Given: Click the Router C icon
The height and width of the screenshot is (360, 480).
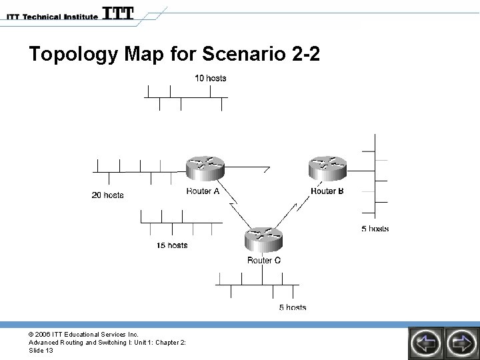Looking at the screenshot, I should click(263, 239).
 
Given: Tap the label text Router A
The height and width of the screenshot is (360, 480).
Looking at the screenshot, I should click(203, 192).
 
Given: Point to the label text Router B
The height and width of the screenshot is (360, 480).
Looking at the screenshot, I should click(327, 191).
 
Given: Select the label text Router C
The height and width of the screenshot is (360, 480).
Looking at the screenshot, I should click(264, 261).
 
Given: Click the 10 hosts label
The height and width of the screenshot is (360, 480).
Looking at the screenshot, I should click(210, 78).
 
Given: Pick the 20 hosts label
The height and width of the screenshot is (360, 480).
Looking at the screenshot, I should click(107, 195).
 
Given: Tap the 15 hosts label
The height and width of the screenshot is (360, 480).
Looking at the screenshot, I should click(172, 245).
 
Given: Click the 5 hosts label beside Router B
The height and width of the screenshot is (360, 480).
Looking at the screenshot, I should click(375, 229).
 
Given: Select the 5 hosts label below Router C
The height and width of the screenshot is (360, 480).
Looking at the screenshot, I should click(292, 307).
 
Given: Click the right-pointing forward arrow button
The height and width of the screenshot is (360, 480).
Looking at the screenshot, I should click(461, 343).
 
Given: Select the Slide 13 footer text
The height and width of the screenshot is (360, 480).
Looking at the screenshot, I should click(41, 351).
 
